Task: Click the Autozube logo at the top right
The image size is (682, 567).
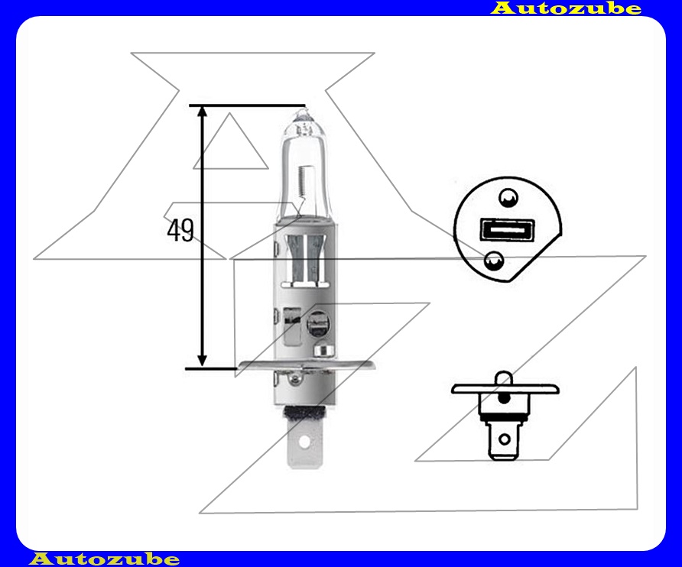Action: pyautogui.click(x=566, y=8)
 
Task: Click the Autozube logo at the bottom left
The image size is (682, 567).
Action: pyautogui.click(x=104, y=559)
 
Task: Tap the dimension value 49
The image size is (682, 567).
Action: pyautogui.click(x=180, y=230)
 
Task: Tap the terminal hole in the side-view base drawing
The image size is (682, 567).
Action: pyautogui.click(x=503, y=439)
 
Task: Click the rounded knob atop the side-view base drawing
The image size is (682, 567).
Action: pyautogui.click(x=503, y=379)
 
